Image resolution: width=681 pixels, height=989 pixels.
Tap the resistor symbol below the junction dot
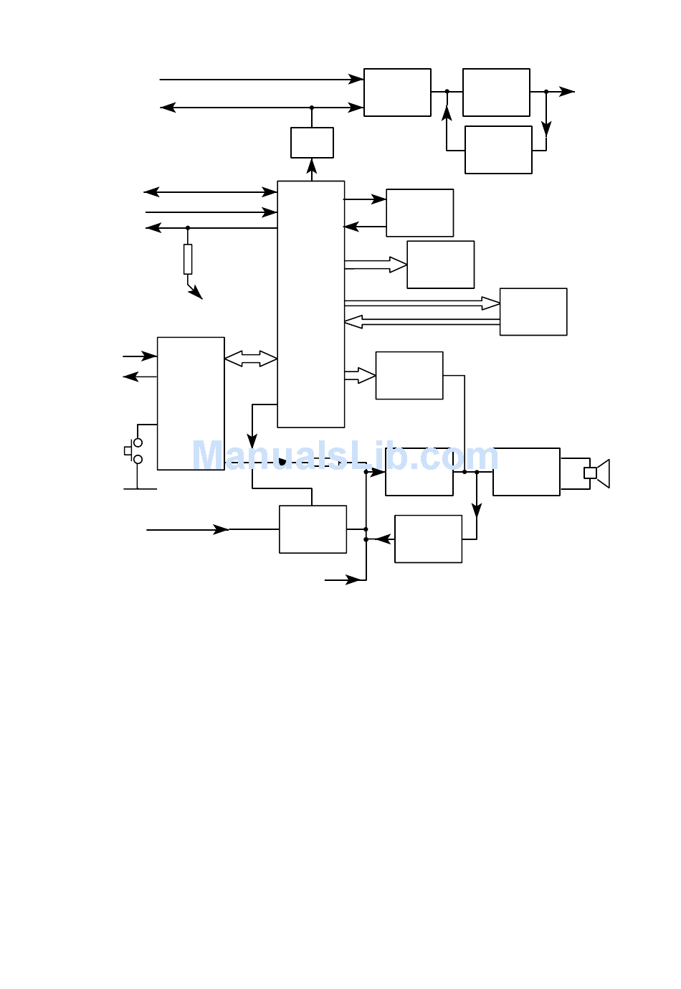coord(188,259)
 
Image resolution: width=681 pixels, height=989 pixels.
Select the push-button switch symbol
coord(133,451)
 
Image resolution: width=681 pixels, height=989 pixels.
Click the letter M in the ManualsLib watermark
coord(209,455)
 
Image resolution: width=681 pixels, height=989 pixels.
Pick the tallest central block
coord(310,304)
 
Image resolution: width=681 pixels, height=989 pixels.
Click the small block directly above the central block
coord(312,143)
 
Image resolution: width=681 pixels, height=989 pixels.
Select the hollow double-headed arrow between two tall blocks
coord(251,359)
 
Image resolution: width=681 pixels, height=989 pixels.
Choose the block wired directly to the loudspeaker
coord(527,471)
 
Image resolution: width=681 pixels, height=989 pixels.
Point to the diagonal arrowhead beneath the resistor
coord(196,293)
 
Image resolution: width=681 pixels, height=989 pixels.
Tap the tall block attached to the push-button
coord(191,404)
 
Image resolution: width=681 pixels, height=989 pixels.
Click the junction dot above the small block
coord(312,108)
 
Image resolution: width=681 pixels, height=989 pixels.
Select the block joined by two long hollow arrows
coord(533,312)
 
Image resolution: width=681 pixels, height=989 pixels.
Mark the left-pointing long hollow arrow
coord(422,322)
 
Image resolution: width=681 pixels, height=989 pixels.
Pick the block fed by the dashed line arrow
coord(419,471)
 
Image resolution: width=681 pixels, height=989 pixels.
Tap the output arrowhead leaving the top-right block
coord(567,91)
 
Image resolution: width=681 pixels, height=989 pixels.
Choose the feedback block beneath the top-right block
coord(498,150)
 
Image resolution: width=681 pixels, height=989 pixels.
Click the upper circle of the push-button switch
coord(138,443)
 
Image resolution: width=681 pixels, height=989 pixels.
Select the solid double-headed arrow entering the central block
coord(210,192)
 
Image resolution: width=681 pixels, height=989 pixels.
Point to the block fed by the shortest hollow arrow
coord(409,375)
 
